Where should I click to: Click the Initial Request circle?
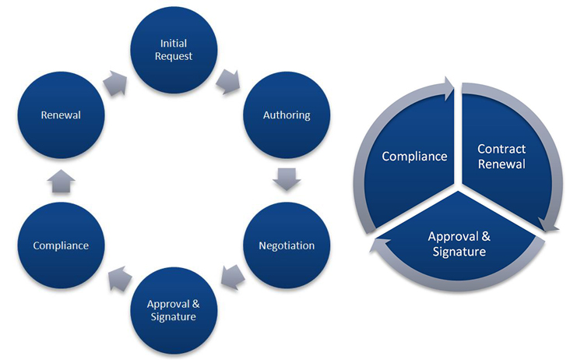coord(176,49)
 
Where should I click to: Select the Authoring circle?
coord(287,115)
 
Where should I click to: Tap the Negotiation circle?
coord(287,245)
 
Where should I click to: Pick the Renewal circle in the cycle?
coord(61,115)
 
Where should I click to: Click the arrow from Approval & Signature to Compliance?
coord(118,274)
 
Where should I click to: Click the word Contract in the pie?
coord(501,148)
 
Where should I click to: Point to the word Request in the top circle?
coord(176,56)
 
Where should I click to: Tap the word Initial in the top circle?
coord(176,42)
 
